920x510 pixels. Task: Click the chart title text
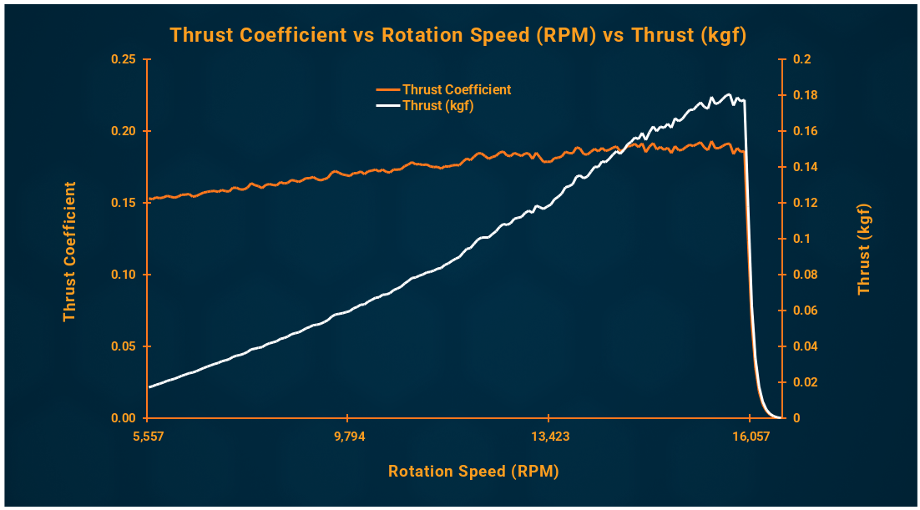point(457,35)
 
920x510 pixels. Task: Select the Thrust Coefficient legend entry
point(456,89)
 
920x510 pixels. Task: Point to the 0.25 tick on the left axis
point(124,60)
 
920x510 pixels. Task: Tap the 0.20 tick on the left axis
point(124,132)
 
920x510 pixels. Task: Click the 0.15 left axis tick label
point(124,203)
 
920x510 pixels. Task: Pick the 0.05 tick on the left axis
point(124,346)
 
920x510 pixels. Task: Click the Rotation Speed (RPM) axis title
point(473,472)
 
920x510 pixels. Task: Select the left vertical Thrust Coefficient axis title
point(69,251)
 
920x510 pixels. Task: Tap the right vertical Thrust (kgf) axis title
point(864,249)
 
